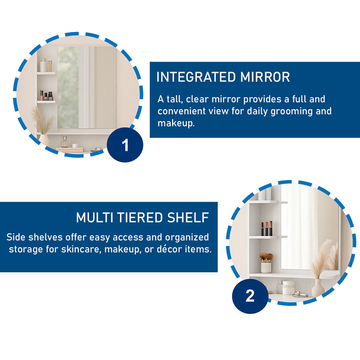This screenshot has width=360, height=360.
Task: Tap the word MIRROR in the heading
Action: pyautogui.click(x=265, y=77)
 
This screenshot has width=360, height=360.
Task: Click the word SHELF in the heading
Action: pyautogui.click(x=188, y=218)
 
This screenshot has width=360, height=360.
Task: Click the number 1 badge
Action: pyautogui.click(x=125, y=145)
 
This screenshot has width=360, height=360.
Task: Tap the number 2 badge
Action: pyautogui.click(x=250, y=296)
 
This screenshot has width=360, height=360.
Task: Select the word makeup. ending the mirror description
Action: pyautogui.click(x=176, y=123)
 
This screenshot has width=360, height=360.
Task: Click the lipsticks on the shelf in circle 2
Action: pyautogui.click(x=266, y=228)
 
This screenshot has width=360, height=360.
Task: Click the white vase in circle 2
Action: pyautogui.click(x=318, y=288)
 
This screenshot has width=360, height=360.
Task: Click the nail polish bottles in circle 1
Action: pyautogui.click(x=46, y=96)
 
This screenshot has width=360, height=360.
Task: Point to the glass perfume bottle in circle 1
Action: pyautogui.click(x=64, y=142)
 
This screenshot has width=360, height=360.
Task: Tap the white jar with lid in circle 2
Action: pyautogui.click(x=288, y=288)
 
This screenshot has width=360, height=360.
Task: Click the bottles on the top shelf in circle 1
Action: pyautogui.click(x=46, y=65)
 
